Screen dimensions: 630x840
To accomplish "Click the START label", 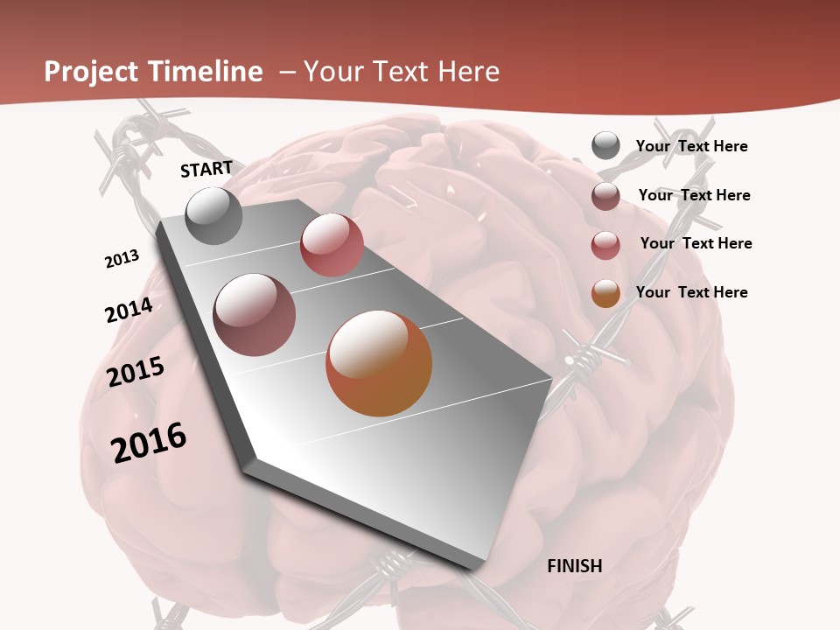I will (206, 169).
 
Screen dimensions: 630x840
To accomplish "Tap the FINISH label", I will (575, 566).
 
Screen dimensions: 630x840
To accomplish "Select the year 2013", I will (122, 259).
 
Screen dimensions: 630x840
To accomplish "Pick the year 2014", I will (129, 311).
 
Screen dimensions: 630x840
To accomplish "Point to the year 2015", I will (136, 372).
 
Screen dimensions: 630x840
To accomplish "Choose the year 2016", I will (149, 443).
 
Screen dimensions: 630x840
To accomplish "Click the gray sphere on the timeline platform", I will (214, 216).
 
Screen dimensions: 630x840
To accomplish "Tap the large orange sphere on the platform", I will (379, 363).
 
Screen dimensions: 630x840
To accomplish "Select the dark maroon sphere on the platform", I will (255, 315).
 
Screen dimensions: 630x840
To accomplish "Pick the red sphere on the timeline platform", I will (332, 245).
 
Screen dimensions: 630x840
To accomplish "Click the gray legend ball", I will (605, 146).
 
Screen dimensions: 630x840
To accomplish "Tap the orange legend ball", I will (605, 293).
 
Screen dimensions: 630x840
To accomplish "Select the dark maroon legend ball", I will (605, 196).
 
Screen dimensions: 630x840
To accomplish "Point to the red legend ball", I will (605, 245).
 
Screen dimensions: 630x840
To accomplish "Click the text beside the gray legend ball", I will (691, 146).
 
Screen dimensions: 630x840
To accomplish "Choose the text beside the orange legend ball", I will (691, 292).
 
